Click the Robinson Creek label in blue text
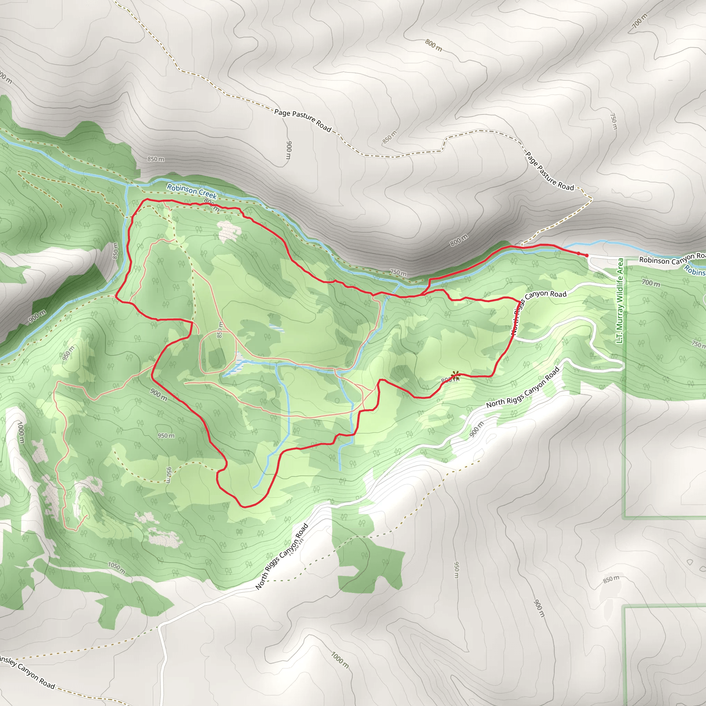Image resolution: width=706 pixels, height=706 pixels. (192, 191)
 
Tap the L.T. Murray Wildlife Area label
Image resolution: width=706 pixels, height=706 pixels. (620, 301)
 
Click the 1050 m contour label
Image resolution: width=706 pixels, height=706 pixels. (117, 567)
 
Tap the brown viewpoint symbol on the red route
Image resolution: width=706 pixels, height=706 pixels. (455, 375)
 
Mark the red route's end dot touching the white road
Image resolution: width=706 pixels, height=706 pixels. (587, 255)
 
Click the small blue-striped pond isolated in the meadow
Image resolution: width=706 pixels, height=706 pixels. (276, 327)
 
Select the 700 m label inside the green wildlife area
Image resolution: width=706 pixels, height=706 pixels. (651, 283)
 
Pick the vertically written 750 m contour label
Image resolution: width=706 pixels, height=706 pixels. (614, 121)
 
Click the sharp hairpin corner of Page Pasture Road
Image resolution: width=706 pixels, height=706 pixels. (591, 199)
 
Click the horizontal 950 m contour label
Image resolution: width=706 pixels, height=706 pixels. (166, 436)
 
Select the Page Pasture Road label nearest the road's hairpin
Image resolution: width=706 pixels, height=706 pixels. (549, 171)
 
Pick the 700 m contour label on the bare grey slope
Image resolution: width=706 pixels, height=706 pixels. (639, 20)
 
